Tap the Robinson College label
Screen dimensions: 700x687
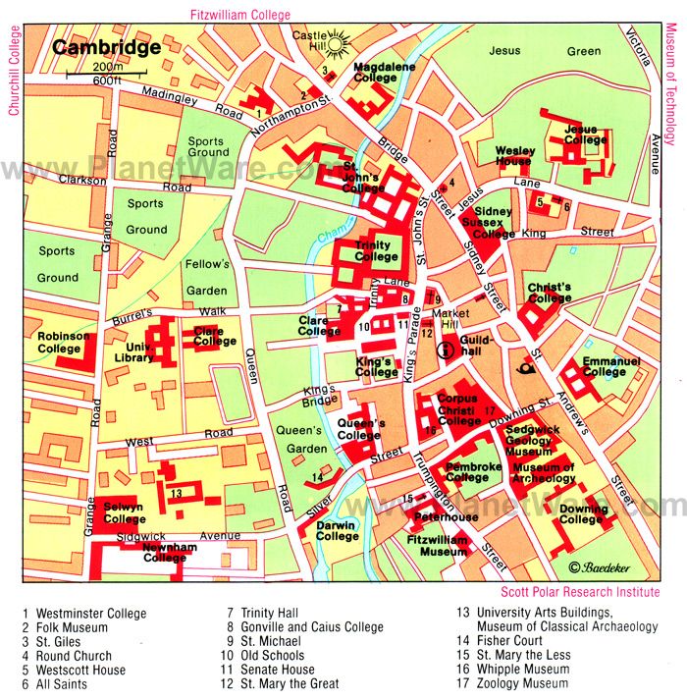(x=64, y=342)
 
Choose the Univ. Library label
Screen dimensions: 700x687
(x=133, y=351)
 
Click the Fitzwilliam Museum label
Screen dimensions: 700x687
(x=437, y=546)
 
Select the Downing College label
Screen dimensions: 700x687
(x=581, y=513)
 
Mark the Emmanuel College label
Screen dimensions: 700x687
(x=610, y=366)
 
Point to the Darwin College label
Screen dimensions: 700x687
(x=337, y=530)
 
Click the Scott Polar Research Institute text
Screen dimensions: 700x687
(x=579, y=592)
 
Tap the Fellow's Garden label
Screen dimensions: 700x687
(x=207, y=277)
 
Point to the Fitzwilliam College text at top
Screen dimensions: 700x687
(x=241, y=14)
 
